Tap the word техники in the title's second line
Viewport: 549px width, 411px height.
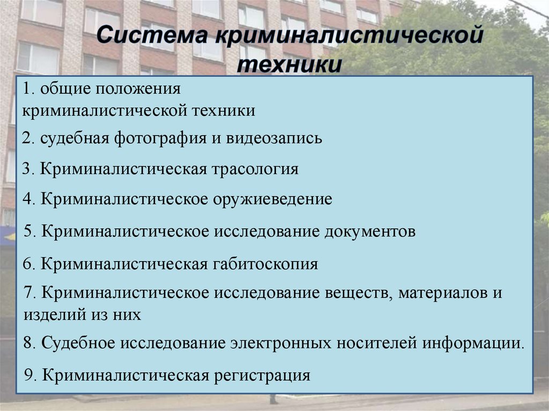pos(289,65)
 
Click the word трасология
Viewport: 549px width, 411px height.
pos(255,169)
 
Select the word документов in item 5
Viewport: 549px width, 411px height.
pos(369,231)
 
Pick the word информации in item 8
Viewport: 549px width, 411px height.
pos(471,343)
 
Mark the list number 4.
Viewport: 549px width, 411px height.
pos(28,200)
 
